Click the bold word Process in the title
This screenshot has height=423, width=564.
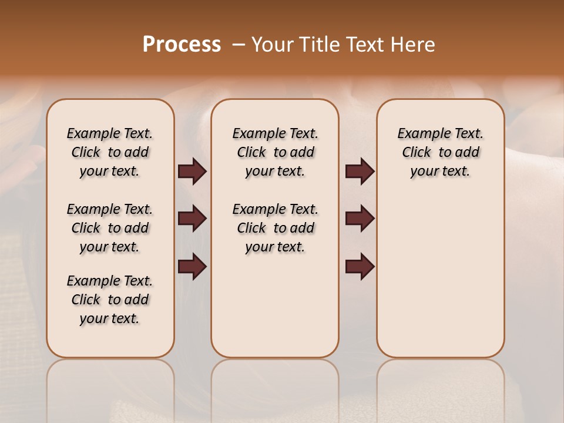pos(182,45)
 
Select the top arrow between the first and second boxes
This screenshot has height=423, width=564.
pos(192,172)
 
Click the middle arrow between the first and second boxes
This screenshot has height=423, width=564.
pos(192,219)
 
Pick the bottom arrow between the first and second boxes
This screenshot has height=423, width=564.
pos(192,267)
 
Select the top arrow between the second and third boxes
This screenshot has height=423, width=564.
pos(360,172)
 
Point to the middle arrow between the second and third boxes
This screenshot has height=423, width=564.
pos(360,219)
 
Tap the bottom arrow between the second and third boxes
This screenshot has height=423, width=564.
pos(360,267)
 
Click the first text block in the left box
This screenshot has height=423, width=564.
pos(110,152)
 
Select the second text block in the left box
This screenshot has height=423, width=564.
pos(110,228)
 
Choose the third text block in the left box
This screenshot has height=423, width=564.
pos(110,300)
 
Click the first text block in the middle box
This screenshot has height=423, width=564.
pos(275,152)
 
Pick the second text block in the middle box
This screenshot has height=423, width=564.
pos(275,228)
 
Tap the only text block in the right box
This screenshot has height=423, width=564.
pos(440,152)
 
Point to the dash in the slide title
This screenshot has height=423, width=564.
pos(239,45)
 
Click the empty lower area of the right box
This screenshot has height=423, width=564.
pos(440,276)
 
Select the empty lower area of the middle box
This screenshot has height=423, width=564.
pos(275,305)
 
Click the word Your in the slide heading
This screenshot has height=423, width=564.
pos(271,45)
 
